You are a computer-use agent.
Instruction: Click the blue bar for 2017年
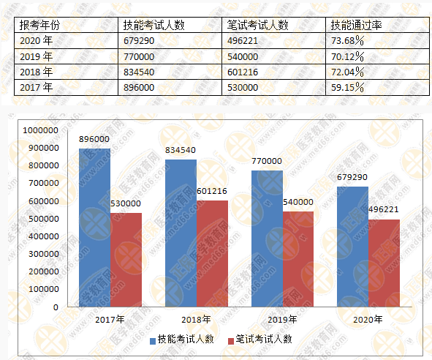point(95,227)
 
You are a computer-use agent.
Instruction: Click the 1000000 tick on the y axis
point(41,130)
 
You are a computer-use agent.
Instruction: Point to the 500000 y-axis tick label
point(43,219)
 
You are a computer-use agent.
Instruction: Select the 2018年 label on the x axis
point(196,320)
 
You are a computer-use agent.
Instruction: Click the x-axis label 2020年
point(368,320)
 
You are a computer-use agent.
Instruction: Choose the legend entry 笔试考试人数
point(261,339)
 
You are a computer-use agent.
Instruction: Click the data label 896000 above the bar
point(94,139)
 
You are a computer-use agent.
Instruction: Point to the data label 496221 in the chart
point(384,209)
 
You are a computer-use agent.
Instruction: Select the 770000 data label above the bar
point(266,161)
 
